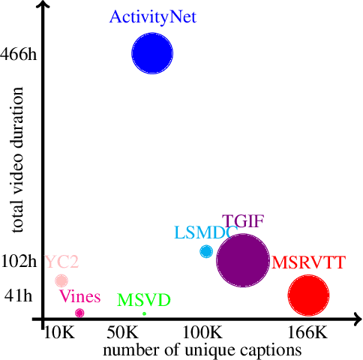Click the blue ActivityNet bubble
click(153, 53)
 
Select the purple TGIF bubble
click(242, 260)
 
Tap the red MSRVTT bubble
click(308, 295)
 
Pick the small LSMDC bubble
click(206, 251)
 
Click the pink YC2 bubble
click(61, 280)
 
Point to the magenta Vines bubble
click(79, 313)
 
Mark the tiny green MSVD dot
click(144, 313)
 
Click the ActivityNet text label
click(153, 16)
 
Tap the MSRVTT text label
click(308, 263)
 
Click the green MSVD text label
click(145, 300)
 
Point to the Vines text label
click(79, 297)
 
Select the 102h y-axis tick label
click(19, 261)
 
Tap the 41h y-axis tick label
click(19, 295)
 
